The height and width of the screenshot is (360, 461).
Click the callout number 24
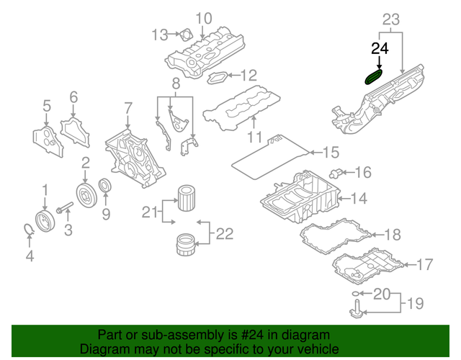tap(380, 49)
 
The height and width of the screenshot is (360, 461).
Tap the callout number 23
tap(391, 19)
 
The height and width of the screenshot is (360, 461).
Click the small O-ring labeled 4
tap(27, 230)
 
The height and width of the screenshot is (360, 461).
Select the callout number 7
tap(127, 109)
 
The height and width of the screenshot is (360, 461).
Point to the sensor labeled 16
tap(335, 173)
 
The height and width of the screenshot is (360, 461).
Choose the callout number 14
tap(359, 198)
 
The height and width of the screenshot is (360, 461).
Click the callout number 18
tap(392, 235)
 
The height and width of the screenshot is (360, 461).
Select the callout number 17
tap(425, 264)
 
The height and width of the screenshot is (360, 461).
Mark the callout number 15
tap(330, 152)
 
